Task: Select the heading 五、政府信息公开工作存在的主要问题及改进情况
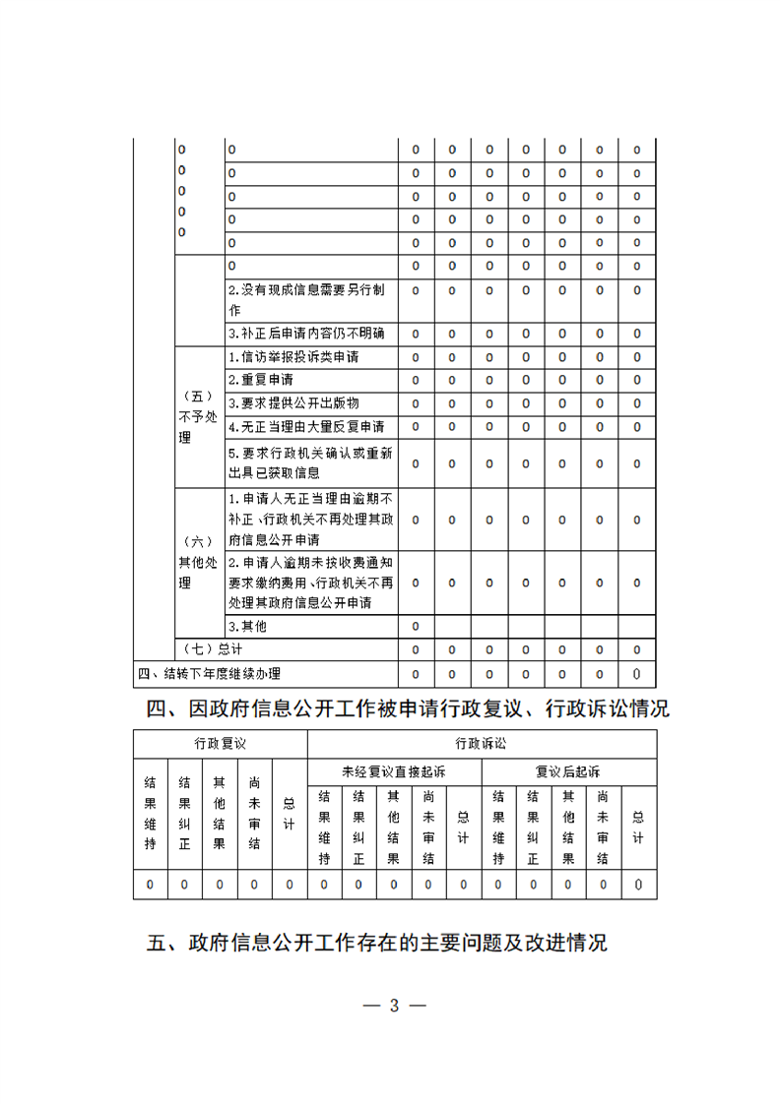point(377,943)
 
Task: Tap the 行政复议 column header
point(221,744)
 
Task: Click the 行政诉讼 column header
point(482,744)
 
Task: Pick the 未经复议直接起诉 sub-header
point(394,771)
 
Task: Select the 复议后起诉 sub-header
point(568,771)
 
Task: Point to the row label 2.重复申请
point(261,380)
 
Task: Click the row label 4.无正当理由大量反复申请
point(306,427)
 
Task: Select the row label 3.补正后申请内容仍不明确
point(306,333)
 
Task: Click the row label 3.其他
point(247,626)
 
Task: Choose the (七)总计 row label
point(214,649)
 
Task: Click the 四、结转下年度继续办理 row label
point(210,674)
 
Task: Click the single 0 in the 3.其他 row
point(416,626)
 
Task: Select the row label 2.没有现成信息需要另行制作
point(306,299)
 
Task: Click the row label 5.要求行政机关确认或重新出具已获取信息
point(310,462)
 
